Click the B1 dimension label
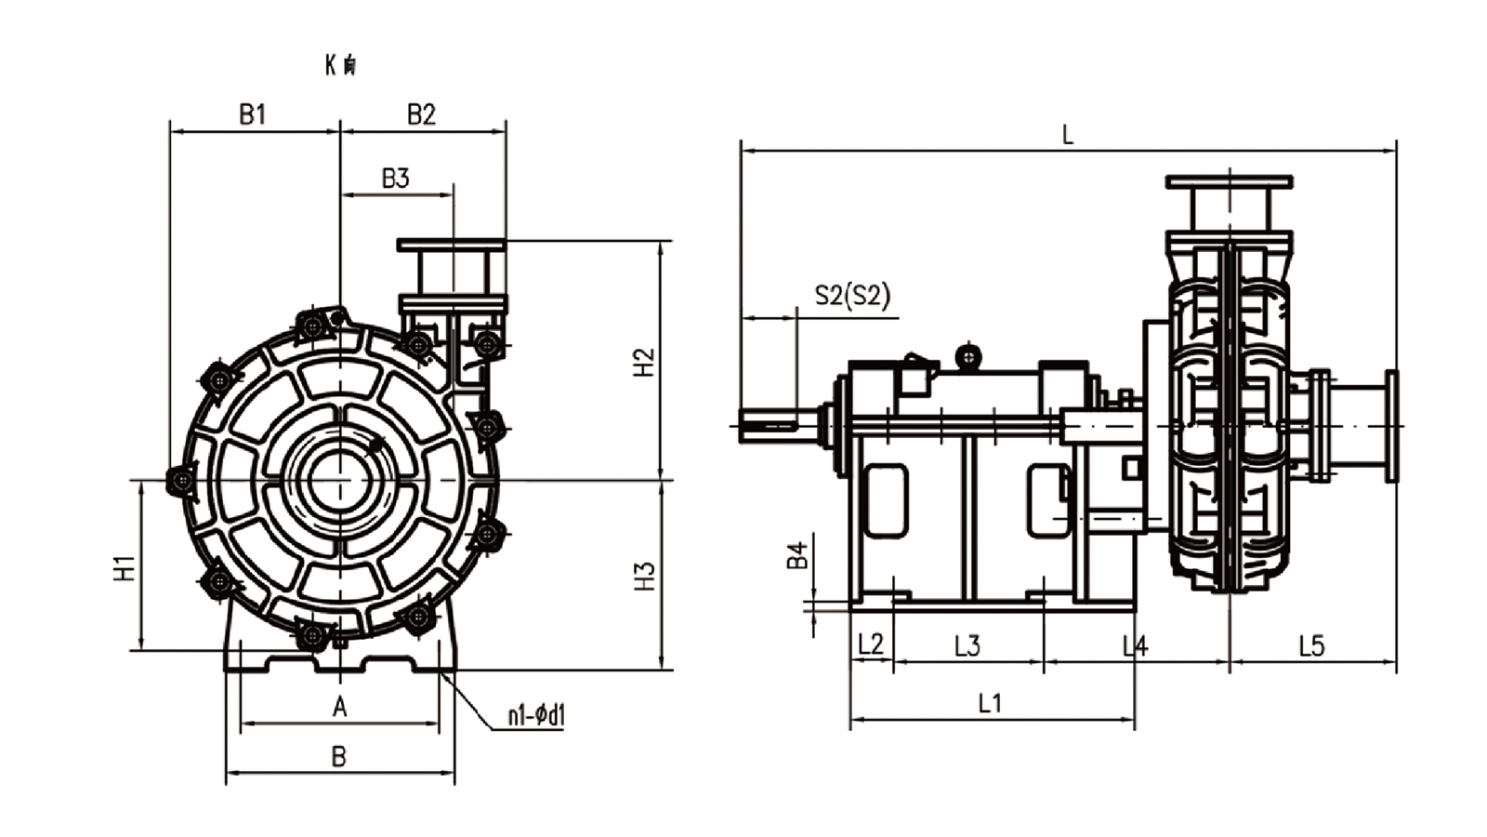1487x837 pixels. [x=253, y=114]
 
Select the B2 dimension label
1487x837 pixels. [x=421, y=114]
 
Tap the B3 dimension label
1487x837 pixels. [x=396, y=178]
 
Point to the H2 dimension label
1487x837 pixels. [x=644, y=362]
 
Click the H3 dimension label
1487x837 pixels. [x=644, y=576]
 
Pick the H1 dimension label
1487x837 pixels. [x=125, y=567]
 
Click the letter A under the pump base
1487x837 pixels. [x=340, y=708]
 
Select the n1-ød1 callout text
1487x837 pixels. [x=536, y=715]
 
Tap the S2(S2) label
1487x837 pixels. [x=852, y=296]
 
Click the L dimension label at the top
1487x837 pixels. [x=1068, y=136]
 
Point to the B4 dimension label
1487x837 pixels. [x=797, y=555]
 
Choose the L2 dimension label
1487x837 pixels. [x=871, y=644]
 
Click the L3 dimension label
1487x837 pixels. [x=967, y=644]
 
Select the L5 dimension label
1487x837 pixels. [x=1311, y=644]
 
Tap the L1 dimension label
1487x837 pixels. [x=991, y=703]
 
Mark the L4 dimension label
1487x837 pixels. [x=1135, y=644]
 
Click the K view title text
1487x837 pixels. [x=340, y=65]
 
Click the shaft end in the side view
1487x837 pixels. [x=768, y=425]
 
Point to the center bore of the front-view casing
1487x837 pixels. [x=340, y=480]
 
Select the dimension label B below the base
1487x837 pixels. [x=339, y=757]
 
